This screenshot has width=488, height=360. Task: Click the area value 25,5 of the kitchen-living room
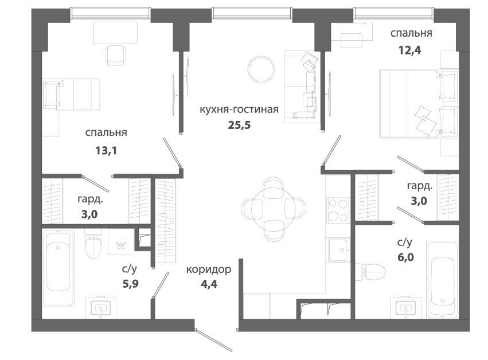click(x=239, y=125)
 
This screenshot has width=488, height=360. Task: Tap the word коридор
click(x=209, y=269)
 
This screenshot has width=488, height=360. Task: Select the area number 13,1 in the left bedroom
click(x=106, y=151)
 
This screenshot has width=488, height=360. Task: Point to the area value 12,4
click(x=410, y=50)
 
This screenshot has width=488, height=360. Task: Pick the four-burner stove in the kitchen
click(x=338, y=210)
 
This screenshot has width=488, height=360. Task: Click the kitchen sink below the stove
click(x=339, y=250)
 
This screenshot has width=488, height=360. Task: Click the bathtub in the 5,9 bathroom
click(x=58, y=268)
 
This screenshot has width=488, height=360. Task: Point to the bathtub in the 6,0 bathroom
click(x=442, y=279)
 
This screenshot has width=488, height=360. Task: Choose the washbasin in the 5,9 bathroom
click(x=100, y=308)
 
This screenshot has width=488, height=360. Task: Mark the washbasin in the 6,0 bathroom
click(x=406, y=308)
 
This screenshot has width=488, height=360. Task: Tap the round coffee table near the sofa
click(x=261, y=69)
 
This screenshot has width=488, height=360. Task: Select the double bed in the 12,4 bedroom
click(x=419, y=104)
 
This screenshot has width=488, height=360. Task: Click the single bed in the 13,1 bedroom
click(x=71, y=95)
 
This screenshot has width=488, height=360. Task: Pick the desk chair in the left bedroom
click(x=116, y=55)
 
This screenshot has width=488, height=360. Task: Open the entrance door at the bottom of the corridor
click(x=213, y=340)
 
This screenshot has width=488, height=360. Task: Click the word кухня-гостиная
click(x=239, y=109)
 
